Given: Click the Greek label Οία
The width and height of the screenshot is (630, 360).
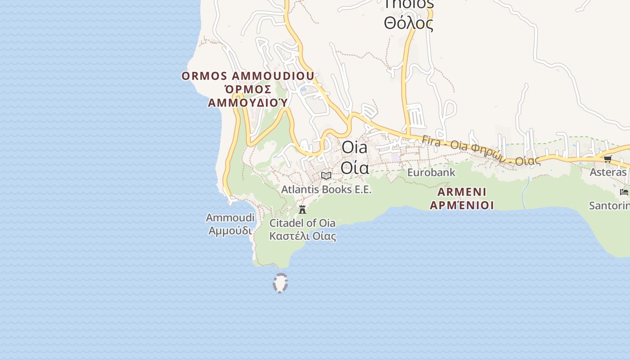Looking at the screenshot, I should (x=355, y=167).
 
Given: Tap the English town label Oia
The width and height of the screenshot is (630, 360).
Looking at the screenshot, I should (x=354, y=148).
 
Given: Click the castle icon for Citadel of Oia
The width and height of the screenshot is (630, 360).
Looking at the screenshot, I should (x=302, y=209).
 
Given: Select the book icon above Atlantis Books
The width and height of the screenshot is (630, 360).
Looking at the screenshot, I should (x=326, y=175).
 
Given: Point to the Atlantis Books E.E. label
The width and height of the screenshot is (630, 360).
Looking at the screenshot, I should (x=326, y=189).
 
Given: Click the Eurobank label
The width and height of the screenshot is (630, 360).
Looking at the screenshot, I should (x=431, y=172).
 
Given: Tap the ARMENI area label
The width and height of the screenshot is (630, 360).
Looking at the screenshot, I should (x=462, y=192).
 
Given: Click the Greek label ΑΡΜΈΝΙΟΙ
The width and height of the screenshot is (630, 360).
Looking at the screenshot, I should (x=462, y=205).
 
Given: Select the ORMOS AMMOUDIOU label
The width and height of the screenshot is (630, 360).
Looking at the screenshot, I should (x=248, y=76).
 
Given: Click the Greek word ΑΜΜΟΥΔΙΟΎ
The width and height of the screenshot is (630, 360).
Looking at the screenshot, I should (x=247, y=103).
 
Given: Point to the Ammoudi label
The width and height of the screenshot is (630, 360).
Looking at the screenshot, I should (x=230, y=218).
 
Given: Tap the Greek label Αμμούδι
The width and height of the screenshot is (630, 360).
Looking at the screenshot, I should (x=230, y=230).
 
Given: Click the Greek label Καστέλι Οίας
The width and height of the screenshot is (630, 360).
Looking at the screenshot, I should (x=302, y=235).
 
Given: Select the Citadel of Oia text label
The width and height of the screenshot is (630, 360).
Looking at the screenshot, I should (x=302, y=223).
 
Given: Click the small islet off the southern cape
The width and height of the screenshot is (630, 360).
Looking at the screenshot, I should (x=280, y=283).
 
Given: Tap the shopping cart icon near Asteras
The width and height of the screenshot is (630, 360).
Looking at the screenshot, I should (x=607, y=159).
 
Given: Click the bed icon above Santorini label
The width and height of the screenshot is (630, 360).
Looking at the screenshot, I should (x=624, y=192).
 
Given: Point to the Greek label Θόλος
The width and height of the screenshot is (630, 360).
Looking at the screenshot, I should (x=408, y=22).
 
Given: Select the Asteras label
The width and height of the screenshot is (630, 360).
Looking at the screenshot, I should (x=608, y=172).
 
